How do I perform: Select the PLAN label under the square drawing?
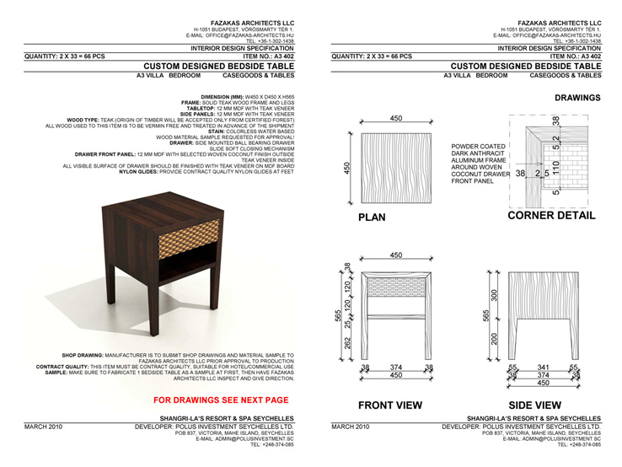(x=372, y=217)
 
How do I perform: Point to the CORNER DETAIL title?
(x=551, y=216)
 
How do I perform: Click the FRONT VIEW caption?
(x=390, y=405)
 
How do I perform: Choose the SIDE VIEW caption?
(x=545, y=405)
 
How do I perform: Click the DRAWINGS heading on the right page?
(x=577, y=98)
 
